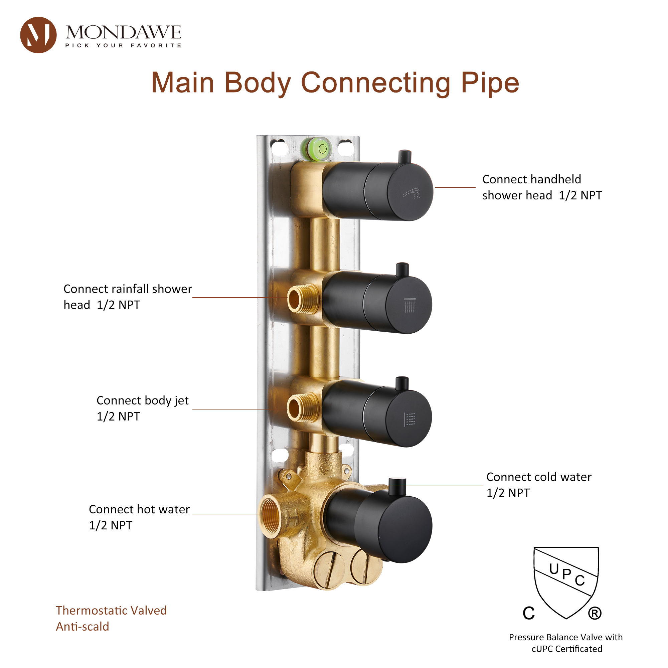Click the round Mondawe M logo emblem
(x=38, y=35)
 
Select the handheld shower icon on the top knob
(x=412, y=193)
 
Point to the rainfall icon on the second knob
(x=410, y=305)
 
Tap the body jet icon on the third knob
(x=410, y=419)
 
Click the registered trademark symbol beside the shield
(x=595, y=613)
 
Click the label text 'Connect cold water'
(x=538, y=477)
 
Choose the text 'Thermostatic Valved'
(x=111, y=610)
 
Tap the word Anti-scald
(x=82, y=627)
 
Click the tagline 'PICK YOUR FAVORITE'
(x=123, y=45)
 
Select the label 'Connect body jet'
(x=143, y=400)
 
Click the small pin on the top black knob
(x=404, y=156)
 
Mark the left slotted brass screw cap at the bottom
(x=329, y=570)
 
